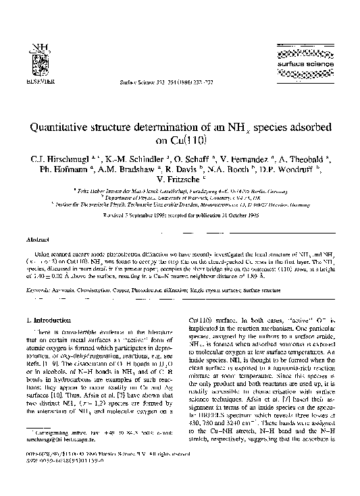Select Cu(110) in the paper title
pyautogui.click(x=180, y=141)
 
